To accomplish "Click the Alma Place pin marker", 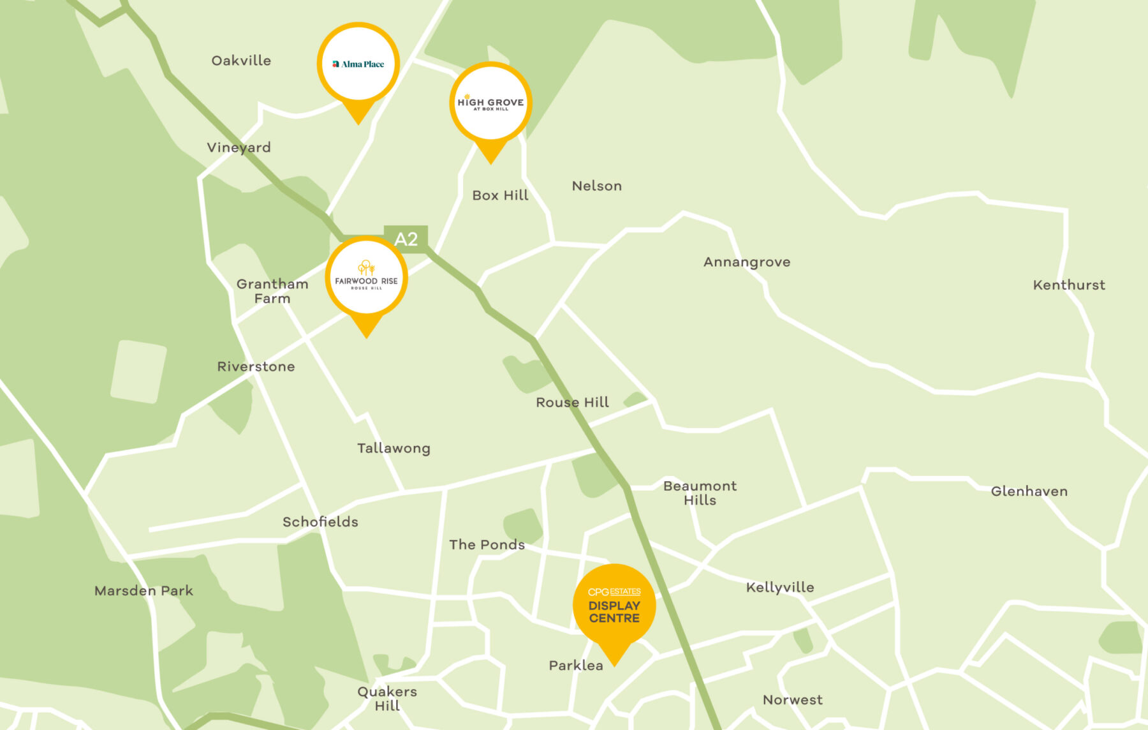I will point(358,64).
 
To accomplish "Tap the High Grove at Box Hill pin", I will point(490,103).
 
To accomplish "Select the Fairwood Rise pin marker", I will point(366,278).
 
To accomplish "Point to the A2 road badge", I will point(406,239).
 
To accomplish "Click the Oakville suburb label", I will point(241,61).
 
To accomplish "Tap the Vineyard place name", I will point(239,147).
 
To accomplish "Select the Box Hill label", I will point(500,195).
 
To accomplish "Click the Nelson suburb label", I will point(596,186).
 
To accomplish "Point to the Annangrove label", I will point(747,262).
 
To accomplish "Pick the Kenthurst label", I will point(1069,285).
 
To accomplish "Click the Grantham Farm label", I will point(272,291).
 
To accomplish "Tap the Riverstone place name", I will point(256,366).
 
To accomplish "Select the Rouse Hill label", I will point(572,402).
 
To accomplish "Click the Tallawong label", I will point(394,448).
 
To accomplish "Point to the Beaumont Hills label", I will point(700,493).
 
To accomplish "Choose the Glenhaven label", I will point(1029,491).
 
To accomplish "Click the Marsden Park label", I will point(143,590).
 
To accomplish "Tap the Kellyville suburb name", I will point(780,587).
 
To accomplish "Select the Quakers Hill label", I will point(387,698).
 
